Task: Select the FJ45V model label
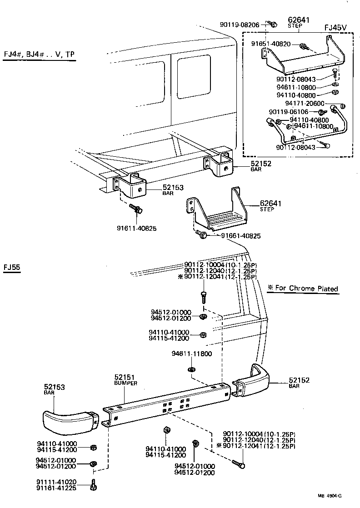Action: tap(335, 27)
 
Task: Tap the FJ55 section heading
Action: tap(11, 267)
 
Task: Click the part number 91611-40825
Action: tap(137, 228)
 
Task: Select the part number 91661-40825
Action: tap(241, 236)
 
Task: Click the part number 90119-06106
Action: tap(288, 112)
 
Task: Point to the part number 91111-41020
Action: tap(56, 482)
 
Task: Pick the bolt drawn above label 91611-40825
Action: tap(136, 209)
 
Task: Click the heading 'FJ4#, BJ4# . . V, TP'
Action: tap(39, 55)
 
